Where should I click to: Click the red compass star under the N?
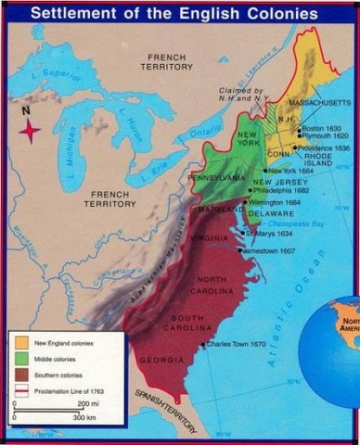coord(30,131)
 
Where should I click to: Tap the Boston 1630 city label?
coord(322,127)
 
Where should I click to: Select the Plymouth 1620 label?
coord(325,135)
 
